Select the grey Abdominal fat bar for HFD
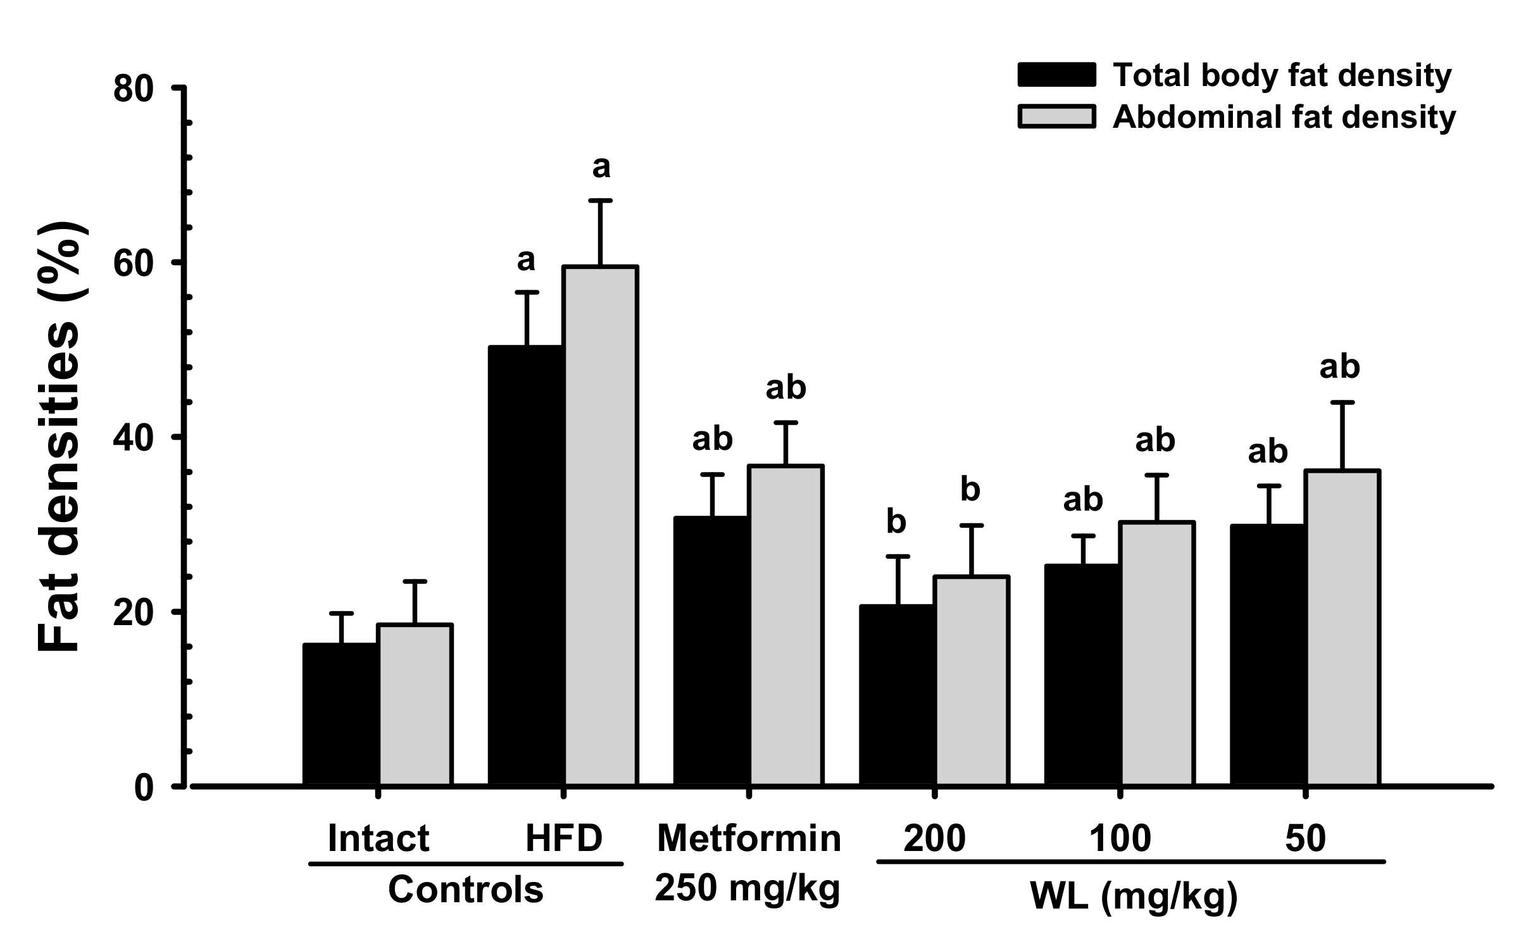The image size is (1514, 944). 601,525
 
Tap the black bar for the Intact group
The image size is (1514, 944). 341,714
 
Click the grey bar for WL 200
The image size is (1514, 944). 972,681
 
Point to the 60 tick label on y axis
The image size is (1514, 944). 134,263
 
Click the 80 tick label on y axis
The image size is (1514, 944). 134,89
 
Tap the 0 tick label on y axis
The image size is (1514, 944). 144,788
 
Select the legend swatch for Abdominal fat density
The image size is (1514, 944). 1056,117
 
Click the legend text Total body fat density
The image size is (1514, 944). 1282,75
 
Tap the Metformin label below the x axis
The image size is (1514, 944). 749,839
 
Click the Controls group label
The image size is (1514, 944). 465,890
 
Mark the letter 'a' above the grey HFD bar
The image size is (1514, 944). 601,168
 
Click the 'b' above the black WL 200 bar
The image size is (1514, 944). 896,522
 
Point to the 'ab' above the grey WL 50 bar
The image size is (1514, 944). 1339,367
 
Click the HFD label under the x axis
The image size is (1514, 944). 564,839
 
